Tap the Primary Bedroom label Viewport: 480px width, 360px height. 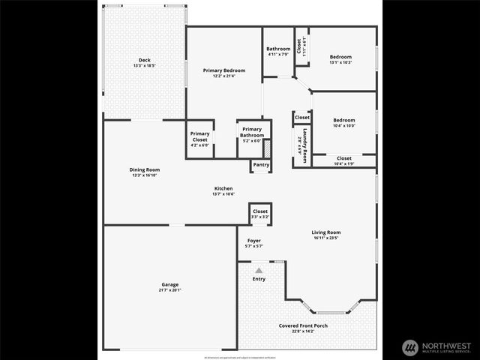click(224, 70)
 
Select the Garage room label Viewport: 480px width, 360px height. click(170, 284)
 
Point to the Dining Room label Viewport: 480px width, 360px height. click(144, 169)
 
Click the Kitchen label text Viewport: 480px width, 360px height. click(223, 188)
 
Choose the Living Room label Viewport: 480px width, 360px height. click(326, 232)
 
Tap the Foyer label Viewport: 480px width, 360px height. click(254, 241)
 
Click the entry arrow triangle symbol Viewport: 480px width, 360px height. click(259, 271)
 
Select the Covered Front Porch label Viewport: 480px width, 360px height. click(303, 325)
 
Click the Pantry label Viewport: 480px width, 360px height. click(261, 165)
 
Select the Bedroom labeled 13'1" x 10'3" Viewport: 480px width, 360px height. click(341, 57)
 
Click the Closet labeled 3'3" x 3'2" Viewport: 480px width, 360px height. click(260, 212)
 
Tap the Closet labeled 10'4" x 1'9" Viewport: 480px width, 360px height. click(343, 158)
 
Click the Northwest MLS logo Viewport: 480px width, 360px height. click(436, 347)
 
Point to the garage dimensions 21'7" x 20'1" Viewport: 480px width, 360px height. click(170, 290)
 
